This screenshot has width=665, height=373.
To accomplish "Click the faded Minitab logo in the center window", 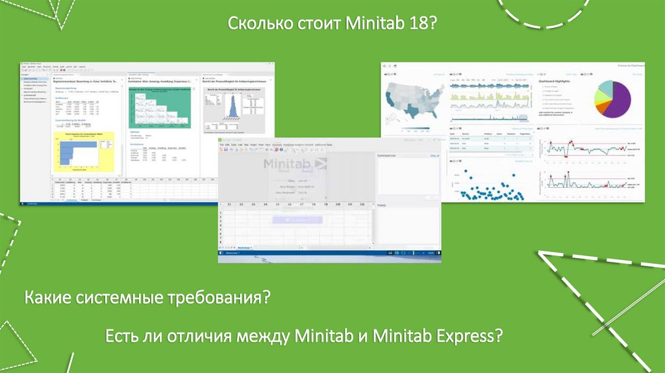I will [x=295, y=164].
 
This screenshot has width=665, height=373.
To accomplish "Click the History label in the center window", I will [x=383, y=205].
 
